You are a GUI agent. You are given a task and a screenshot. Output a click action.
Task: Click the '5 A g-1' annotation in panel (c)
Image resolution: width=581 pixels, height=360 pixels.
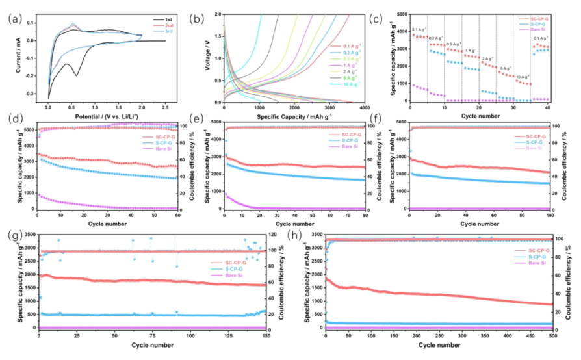(x=504, y=68)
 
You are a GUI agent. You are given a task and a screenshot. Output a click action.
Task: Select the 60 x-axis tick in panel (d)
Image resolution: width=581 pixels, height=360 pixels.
(x=178, y=215)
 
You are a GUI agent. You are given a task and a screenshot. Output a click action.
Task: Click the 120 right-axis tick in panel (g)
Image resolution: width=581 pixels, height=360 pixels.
(x=277, y=233)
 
